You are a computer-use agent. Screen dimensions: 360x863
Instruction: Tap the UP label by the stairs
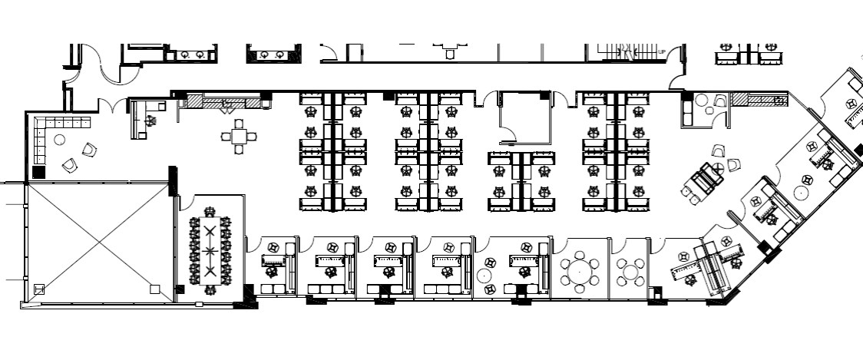(x=661, y=52)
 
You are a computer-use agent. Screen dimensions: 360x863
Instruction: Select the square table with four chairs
(x=240, y=137)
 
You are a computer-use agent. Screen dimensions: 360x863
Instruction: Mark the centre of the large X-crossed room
(x=98, y=240)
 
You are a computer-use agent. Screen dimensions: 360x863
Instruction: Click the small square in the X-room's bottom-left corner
(x=39, y=289)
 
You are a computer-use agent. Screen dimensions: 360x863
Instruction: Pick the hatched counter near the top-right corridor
(x=759, y=99)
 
